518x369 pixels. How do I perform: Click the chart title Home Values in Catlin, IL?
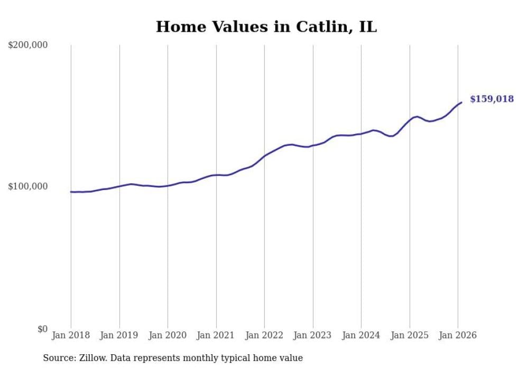tap(266, 27)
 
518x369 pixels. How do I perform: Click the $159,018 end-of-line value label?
tap(492, 99)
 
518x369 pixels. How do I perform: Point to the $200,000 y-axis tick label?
tap(28, 45)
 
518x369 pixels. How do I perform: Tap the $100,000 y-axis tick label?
tap(28, 187)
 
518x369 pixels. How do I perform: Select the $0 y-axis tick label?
tap(42, 329)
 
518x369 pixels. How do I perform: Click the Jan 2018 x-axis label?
tap(71, 335)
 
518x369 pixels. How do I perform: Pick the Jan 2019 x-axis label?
tap(119, 335)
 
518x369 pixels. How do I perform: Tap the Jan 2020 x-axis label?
tap(168, 335)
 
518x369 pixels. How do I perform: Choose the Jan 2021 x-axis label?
tap(216, 335)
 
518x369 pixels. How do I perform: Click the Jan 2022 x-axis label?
tap(264, 335)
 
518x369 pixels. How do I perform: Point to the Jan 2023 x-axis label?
tap(313, 335)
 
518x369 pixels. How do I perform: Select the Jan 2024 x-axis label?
tap(361, 335)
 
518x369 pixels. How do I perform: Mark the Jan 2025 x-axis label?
tap(410, 335)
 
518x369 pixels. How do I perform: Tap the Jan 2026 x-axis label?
tap(458, 335)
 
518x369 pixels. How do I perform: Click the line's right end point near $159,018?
tap(461, 102)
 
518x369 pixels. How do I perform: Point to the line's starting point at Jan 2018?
tap(71, 192)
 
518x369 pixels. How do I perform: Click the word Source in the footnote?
tap(58, 358)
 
